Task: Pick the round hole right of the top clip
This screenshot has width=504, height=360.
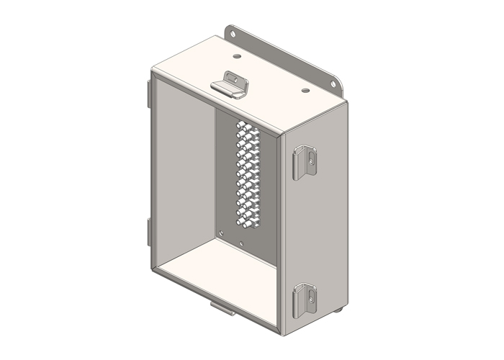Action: click(x=305, y=91)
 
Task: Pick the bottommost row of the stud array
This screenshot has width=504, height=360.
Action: click(x=248, y=224)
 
